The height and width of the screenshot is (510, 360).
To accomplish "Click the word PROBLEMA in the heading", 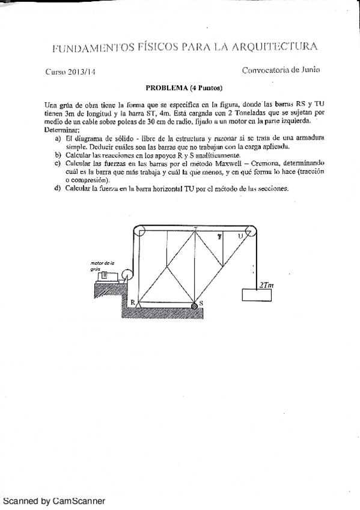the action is pos(166,87).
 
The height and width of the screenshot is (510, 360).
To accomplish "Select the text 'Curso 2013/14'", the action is pos(70,71).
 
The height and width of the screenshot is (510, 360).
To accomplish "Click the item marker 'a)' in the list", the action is pos(58,138).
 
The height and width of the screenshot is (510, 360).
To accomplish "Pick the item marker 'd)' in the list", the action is pos(58,188).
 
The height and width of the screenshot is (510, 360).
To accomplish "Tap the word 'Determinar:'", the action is pos(62,130).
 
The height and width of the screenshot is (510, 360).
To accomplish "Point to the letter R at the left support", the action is pos(133,303).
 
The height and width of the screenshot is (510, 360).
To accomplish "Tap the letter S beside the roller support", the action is pos(201,303).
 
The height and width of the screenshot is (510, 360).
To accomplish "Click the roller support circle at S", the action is pos(195,307).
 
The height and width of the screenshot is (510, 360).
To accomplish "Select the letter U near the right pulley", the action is pos(240,236).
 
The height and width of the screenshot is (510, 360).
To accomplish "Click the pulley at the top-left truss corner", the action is pos(139,231).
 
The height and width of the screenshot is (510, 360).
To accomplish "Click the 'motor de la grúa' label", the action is pos(102,266).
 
